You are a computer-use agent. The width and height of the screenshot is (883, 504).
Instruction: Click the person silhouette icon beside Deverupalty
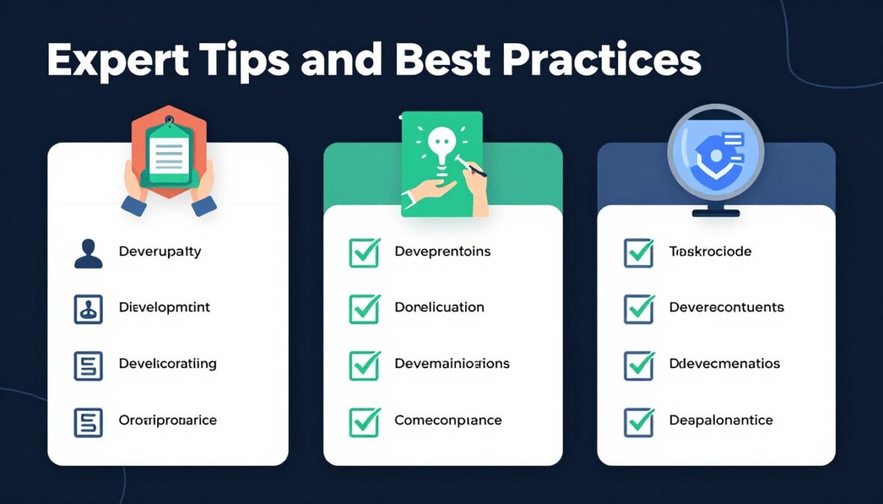pyautogui.click(x=88, y=252)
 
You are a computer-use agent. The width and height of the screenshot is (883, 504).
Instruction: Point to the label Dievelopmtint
pyautogui.click(x=165, y=307)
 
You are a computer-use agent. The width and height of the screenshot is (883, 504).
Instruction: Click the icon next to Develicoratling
pyautogui.click(x=88, y=365)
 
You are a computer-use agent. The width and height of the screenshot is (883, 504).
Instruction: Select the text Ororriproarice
pyautogui.click(x=167, y=420)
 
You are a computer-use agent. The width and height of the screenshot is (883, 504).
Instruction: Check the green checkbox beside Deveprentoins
pyautogui.click(x=364, y=252)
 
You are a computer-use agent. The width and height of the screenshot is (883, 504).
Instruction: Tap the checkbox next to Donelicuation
pyautogui.click(x=364, y=308)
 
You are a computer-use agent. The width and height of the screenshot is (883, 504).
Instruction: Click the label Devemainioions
pyautogui.click(x=452, y=364)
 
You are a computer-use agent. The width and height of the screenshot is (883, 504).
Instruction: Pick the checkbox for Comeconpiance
pyautogui.click(x=364, y=422)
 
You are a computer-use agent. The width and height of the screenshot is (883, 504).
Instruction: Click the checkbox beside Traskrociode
pyautogui.click(x=639, y=252)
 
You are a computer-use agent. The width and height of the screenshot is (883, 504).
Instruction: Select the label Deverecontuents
pyautogui.click(x=726, y=307)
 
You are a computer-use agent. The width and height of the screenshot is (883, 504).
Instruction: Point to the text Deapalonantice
pyautogui.click(x=721, y=420)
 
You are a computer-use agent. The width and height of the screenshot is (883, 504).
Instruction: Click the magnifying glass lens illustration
pyautogui.click(x=715, y=152)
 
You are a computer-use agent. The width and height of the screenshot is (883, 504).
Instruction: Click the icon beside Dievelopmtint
pyautogui.click(x=88, y=308)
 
